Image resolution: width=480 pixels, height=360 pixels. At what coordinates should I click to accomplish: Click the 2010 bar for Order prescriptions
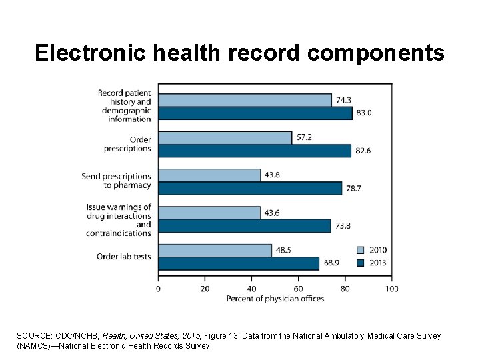point(225,137)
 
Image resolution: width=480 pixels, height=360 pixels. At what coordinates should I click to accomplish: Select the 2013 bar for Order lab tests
point(239,263)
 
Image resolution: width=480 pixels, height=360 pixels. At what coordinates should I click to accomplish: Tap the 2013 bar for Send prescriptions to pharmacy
point(250,188)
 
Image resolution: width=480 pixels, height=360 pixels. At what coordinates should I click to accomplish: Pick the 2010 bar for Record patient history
point(245,100)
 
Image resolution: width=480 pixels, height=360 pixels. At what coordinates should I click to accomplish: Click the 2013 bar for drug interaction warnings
point(244,226)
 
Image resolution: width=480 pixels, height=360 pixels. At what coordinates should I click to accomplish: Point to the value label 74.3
point(343,100)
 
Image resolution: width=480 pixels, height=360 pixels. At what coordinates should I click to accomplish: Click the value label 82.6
point(363,151)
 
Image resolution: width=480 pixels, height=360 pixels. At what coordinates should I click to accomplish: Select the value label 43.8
point(272,175)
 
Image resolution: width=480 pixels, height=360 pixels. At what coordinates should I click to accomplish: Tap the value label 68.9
point(331,263)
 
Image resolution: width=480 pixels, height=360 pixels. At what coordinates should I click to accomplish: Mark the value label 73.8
point(342,226)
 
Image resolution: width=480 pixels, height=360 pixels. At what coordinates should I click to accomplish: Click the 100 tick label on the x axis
point(391,289)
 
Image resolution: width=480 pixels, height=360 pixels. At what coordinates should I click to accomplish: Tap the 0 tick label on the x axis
point(158,289)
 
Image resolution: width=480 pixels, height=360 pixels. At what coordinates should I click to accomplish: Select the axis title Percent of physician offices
point(275,298)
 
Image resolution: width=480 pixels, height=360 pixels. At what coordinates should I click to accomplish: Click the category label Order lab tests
point(124,257)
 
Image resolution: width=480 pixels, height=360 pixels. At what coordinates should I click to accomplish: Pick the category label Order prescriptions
point(131,144)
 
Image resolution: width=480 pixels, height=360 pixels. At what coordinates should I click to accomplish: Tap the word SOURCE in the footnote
point(33,336)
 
